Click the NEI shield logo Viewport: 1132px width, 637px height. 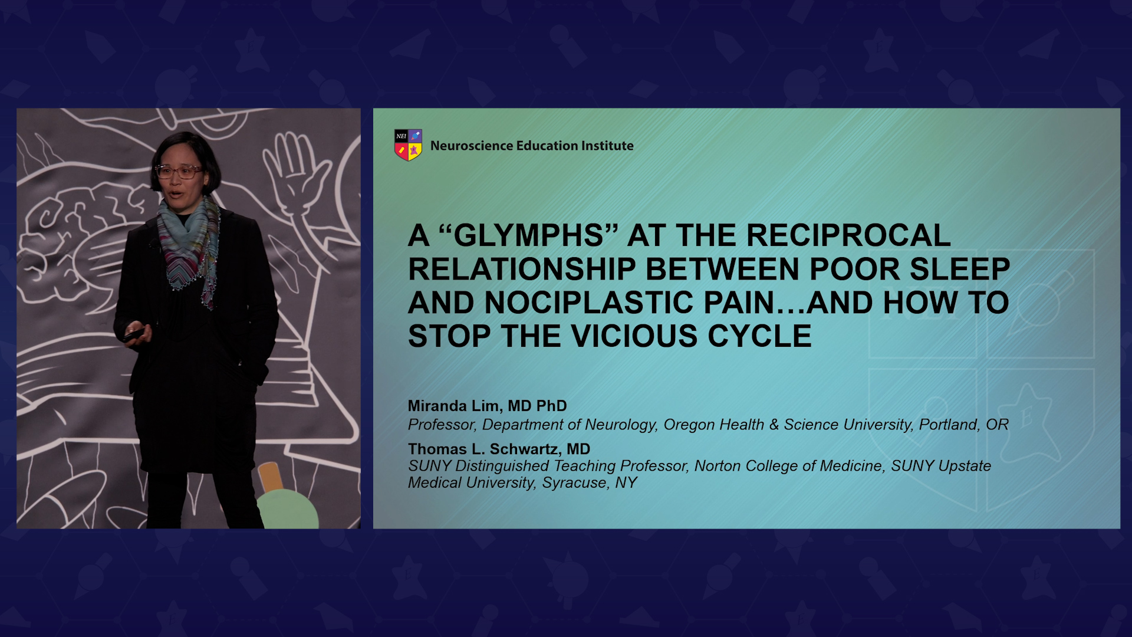[408, 145]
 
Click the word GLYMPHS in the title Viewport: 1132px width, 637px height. [528, 235]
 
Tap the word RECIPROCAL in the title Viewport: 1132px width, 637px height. [848, 235]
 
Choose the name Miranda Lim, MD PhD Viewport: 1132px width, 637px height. [487, 406]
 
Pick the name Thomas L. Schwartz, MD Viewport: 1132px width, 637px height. [499, 449]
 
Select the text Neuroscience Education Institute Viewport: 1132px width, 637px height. [532, 146]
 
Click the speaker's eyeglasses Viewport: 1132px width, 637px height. [178, 172]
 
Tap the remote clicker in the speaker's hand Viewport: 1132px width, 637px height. [133, 334]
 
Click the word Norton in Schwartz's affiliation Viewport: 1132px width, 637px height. [718, 466]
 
